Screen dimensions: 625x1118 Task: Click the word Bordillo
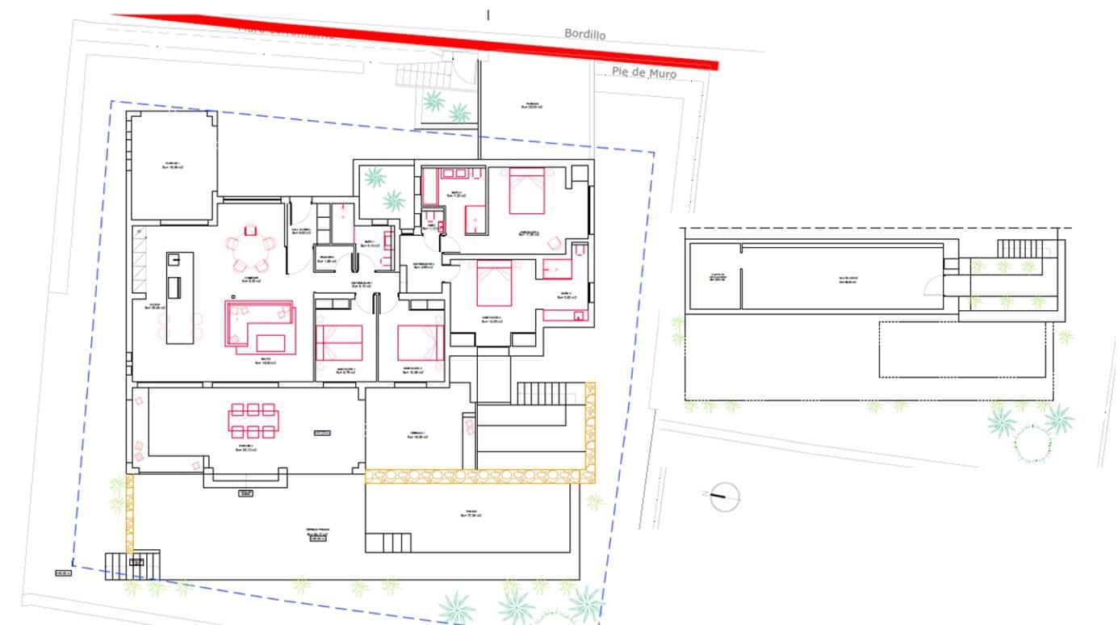584,34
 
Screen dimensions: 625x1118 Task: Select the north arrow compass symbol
725,497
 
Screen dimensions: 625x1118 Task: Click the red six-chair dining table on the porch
253,420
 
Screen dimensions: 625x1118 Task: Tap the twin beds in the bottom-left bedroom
339,342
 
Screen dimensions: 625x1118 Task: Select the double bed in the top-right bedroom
526,190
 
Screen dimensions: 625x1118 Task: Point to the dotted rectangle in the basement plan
965,350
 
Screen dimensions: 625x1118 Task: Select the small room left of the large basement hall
714,276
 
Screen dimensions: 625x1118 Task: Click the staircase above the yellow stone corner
542,393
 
